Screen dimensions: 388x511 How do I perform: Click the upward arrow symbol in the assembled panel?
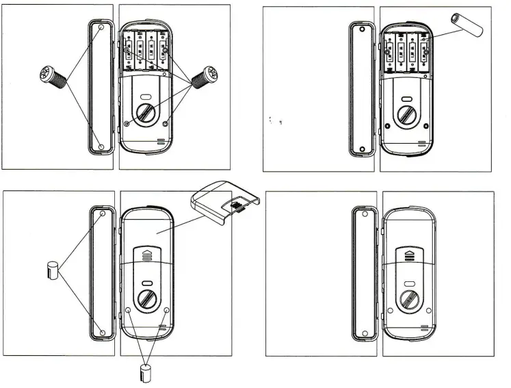coord(408,255)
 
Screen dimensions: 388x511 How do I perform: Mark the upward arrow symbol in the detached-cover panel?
coord(147,255)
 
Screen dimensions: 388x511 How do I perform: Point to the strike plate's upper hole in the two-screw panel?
coord(101,28)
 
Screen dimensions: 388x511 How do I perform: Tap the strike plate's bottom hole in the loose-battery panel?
coord(362,148)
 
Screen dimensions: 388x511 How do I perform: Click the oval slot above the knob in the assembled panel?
coord(408,282)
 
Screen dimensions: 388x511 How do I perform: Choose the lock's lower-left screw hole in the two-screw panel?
coord(127,124)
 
